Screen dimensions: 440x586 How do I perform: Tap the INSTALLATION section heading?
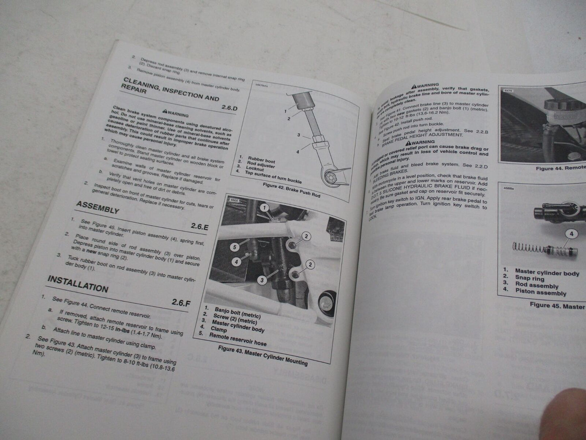77,283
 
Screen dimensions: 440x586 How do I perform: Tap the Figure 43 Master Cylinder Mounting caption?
262,355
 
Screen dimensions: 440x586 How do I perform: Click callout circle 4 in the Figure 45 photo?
571,234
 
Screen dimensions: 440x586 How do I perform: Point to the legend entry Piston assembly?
540,293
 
